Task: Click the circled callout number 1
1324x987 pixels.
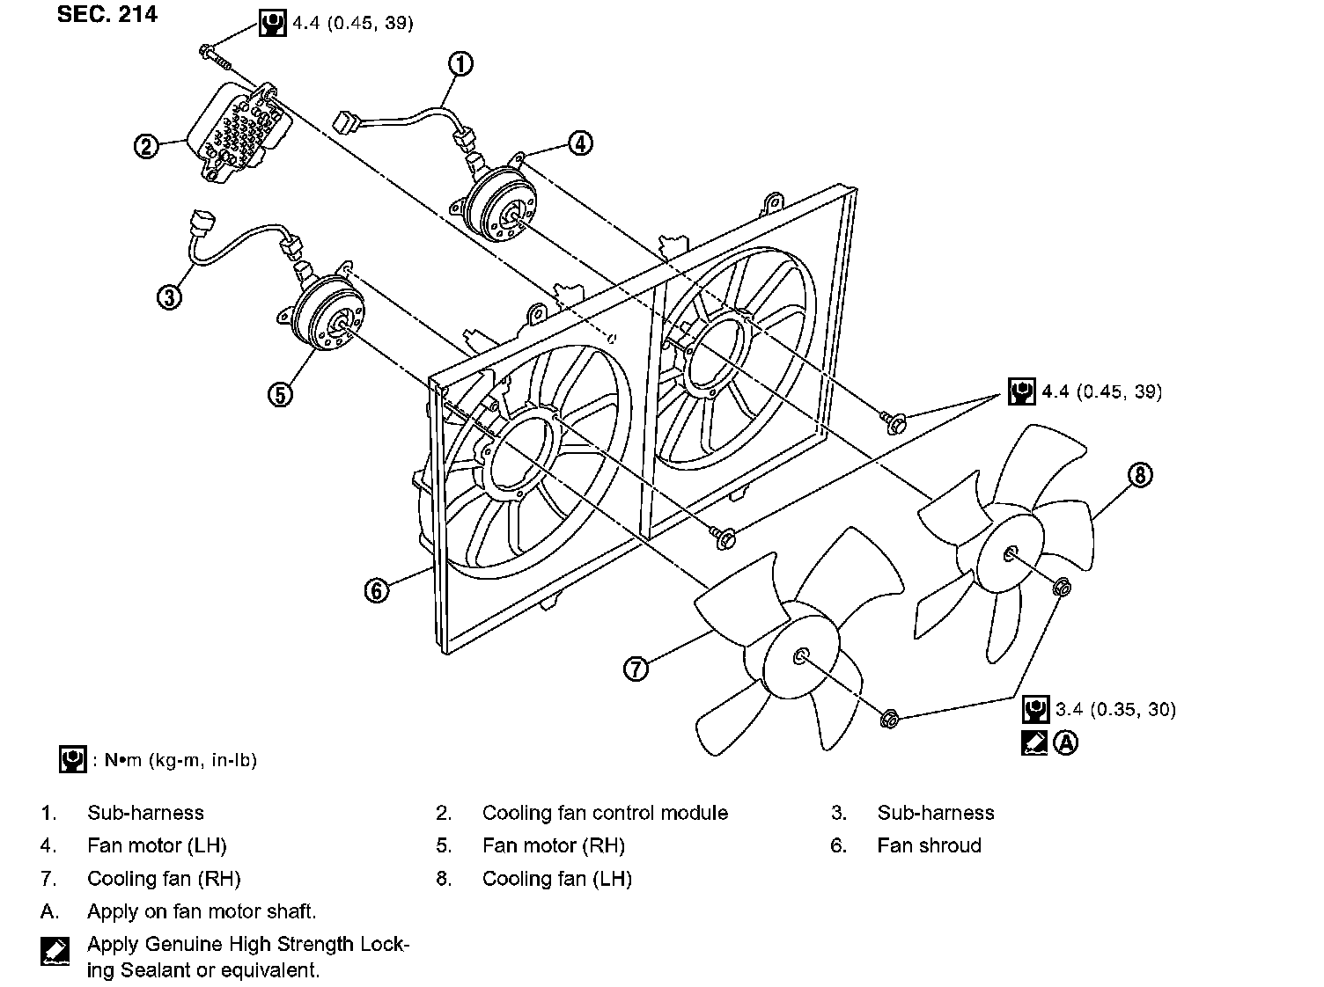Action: click(x=460, y=63)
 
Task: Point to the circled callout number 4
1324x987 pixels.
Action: click(x=580, y=143)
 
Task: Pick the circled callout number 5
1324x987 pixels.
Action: click(x=280, y=395)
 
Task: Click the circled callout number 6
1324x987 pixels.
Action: click(x=377, y=590)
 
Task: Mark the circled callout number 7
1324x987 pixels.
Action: click(x=636, y=669)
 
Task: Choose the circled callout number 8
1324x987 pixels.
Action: click(x=1139, y=475)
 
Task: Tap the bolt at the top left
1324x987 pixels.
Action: click(x=213, y=55)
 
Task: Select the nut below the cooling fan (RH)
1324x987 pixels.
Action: click(x=889, y=720)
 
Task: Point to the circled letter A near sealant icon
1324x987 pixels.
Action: click(x=1066, y=743)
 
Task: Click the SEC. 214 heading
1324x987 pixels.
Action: click(x=107, y=14)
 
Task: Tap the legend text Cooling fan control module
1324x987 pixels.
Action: click(x=605, y=813)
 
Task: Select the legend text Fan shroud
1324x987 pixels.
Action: click(x=929, y=845)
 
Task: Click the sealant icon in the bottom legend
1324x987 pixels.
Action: click(x=54, y=951)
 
